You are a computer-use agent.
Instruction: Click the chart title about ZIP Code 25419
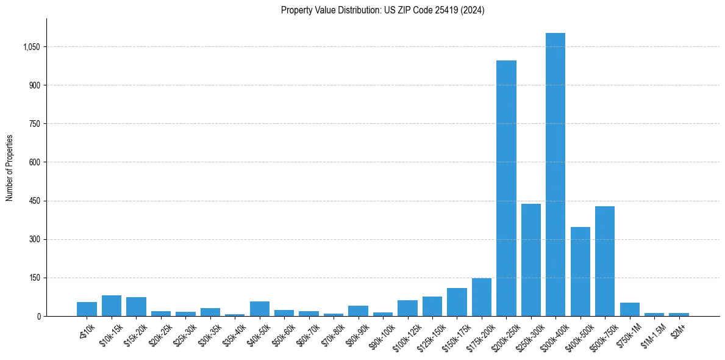382,10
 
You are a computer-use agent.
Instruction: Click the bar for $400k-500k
580,272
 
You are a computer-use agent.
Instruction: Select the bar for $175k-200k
481,297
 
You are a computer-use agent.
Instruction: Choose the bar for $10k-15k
112,306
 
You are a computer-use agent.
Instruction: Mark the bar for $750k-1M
629,309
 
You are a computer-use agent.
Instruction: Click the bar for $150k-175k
457,302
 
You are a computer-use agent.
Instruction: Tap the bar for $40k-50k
259,309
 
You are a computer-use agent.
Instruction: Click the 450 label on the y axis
34,201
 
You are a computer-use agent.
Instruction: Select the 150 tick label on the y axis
34,278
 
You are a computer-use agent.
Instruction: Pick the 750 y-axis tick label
34,124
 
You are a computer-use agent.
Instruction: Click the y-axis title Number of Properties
10,168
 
